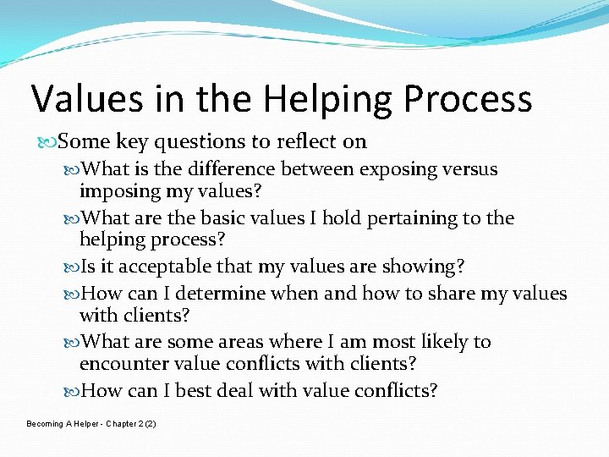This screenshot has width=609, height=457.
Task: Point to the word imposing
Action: (116, 191)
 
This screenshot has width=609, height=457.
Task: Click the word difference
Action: (233, 169)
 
